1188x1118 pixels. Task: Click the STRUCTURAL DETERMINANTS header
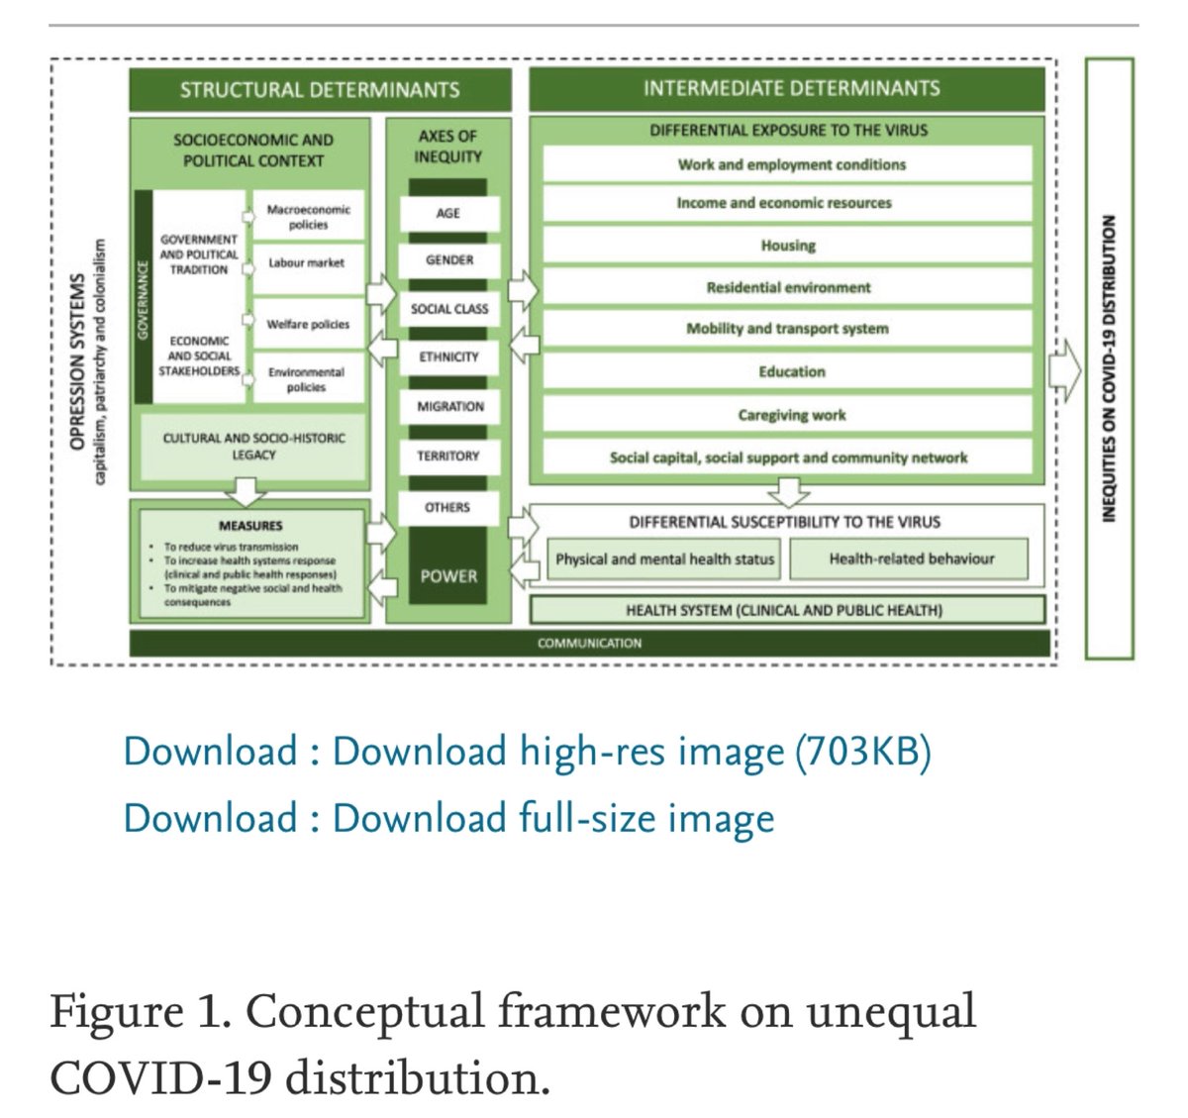(320, 90)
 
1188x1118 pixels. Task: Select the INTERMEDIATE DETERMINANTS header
(791, 88)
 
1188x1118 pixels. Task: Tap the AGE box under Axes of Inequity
(448, 213)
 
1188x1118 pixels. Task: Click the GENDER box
(449, 259)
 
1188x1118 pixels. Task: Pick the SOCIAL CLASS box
(449, 309)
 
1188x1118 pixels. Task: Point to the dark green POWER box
(448, 576)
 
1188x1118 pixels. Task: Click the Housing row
(788, 246)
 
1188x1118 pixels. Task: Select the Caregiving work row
(791, 415)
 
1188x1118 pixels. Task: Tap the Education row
(791, 371)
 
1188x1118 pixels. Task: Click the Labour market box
(307, 262)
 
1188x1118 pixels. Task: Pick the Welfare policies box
(308, 324)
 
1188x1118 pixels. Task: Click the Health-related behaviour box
(911, 559)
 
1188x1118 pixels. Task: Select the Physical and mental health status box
(664, 559)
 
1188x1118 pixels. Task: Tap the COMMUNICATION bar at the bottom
(589, 643)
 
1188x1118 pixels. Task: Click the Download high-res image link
(527, 752)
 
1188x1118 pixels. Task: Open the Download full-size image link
(448, 818)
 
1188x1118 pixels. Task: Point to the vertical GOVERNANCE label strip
(143, 297)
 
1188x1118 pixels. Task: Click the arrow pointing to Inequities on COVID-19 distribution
(1065, 372)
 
